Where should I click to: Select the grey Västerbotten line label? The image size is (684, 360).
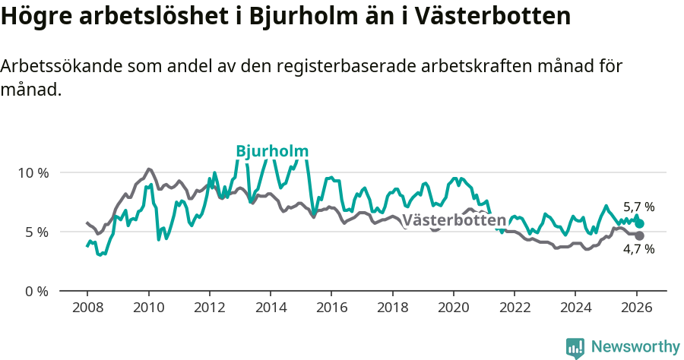(x=454, y=220)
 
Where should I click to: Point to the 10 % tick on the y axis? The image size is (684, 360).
(x=33, y=172)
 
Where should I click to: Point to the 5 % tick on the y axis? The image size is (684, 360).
(x=36, y=232)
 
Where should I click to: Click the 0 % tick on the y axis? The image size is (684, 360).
(x=36, y=291)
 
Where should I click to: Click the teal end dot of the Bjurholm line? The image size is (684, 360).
(x=639, y=224)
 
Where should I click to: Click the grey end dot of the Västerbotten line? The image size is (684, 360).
(x=639, y=235)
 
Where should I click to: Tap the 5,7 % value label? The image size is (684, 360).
(x=638, y=207)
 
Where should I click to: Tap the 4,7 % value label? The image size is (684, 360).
(x=638, y=249)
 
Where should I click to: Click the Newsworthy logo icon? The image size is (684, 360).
(x=575, y=348)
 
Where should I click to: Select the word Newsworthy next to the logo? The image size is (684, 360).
(x=635, y=347)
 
